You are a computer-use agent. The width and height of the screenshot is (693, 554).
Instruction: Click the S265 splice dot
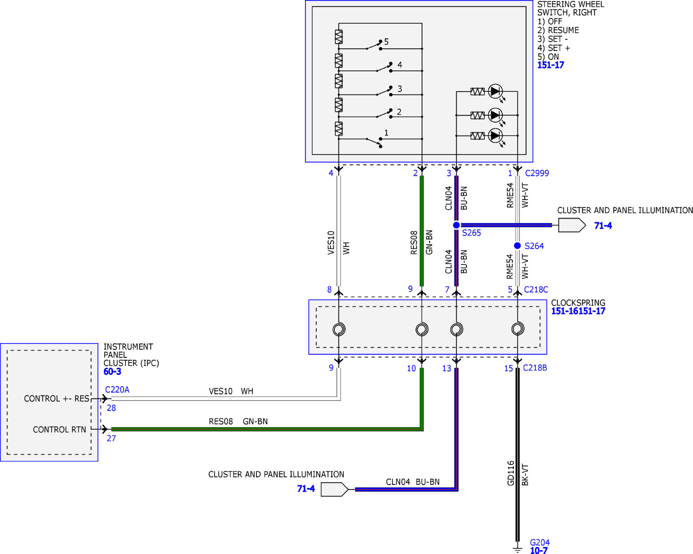pos(456,225)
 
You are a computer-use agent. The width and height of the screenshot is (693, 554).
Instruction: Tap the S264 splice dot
pos(517,246)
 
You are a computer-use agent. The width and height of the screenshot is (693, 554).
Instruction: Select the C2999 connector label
pos(537,173)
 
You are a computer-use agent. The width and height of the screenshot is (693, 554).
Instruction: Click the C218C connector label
pos(536,290)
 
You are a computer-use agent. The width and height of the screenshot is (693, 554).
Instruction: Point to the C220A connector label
pos(117,390)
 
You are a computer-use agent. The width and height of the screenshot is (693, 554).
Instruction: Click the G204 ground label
pos(540,543)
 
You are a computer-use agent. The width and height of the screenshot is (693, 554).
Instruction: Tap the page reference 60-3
pos(112,372)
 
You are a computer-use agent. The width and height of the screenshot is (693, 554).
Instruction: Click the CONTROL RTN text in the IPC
pos(60,430)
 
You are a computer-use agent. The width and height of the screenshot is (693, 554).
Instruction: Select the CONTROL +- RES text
pos(57,399)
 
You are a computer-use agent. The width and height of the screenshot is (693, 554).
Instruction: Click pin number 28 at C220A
pos(111,408)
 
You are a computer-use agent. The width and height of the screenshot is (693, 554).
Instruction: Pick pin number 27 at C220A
pos(111,438)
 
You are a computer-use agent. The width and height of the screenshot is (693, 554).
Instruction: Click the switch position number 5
pos(386,42)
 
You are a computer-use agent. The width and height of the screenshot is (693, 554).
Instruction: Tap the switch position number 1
pos(386,133)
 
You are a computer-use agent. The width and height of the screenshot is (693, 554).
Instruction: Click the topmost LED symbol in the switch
pos(495,92)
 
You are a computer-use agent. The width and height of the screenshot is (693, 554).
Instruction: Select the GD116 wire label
pos(511,473)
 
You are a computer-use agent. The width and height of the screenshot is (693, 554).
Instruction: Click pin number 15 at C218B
pos(509,368)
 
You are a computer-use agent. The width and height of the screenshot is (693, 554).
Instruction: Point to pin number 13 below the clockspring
pos(446,368)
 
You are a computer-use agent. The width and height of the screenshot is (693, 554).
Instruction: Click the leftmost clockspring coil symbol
pos(339,329)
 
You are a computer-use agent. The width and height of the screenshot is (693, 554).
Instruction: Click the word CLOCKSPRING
pos(578,303)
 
